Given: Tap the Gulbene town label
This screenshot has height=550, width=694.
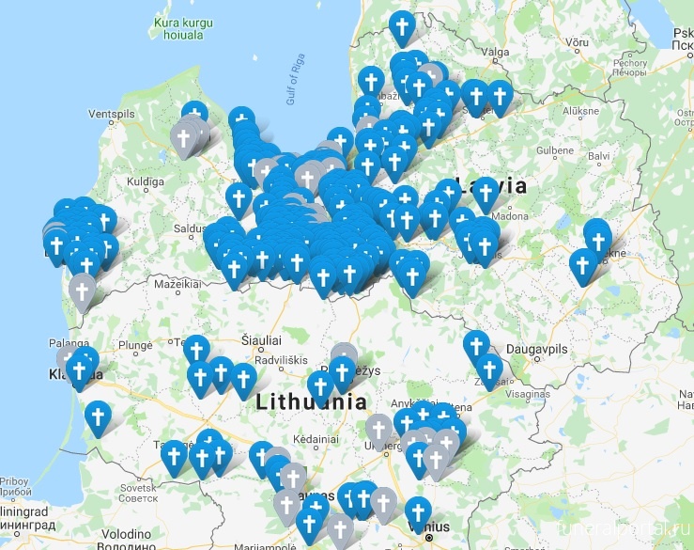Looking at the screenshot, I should click(555, 150).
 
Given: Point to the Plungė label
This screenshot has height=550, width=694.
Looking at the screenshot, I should click(135, 345).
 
